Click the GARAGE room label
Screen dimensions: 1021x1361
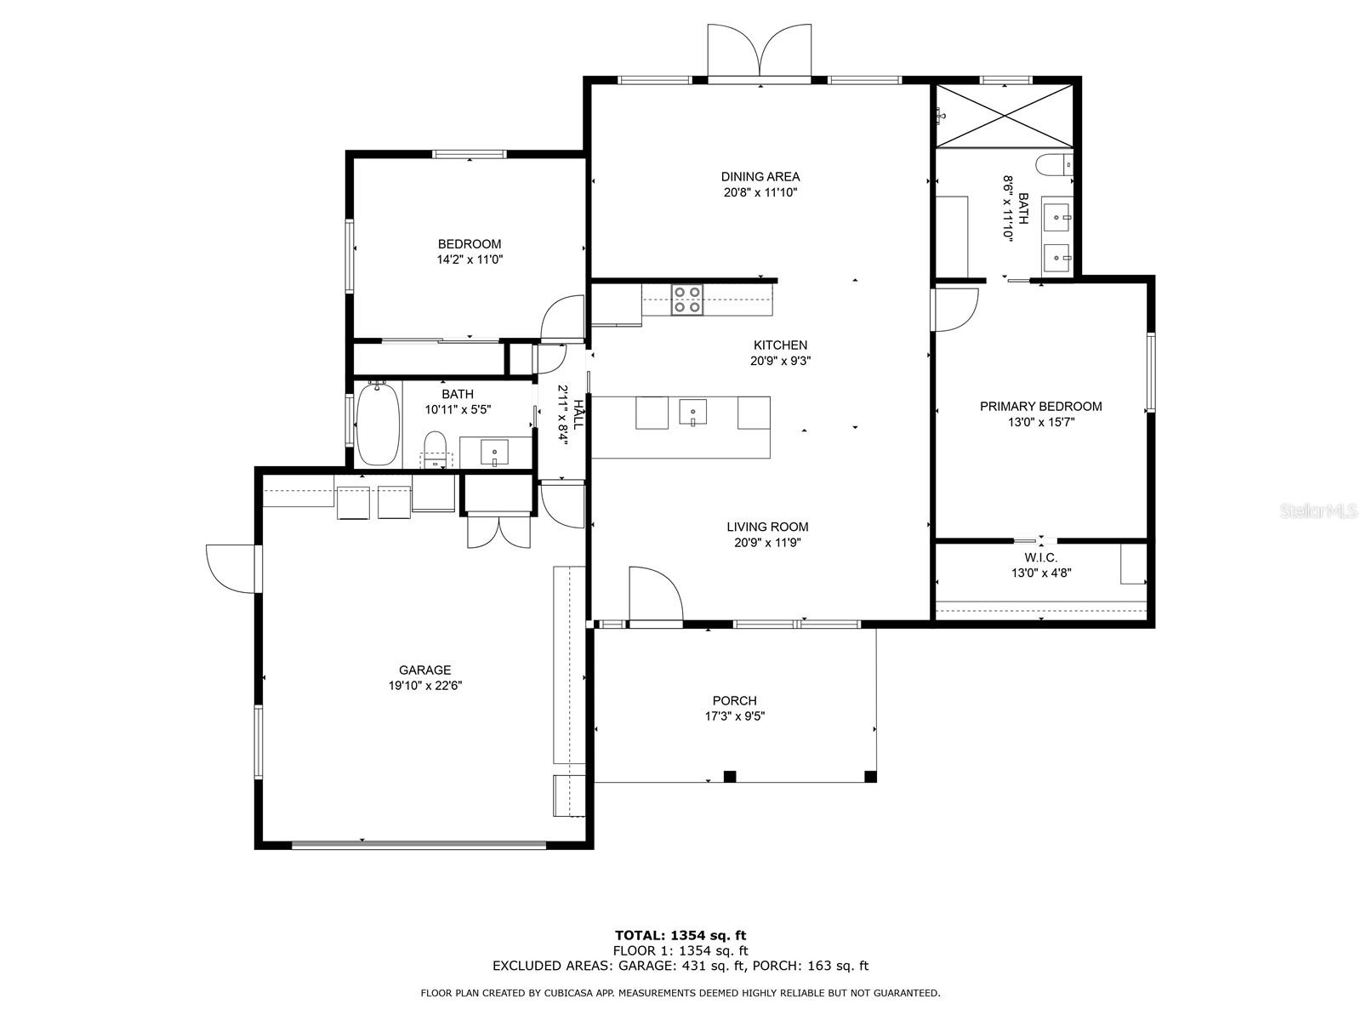[x=424, y=670]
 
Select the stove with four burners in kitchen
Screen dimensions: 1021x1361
[x=687, y=299]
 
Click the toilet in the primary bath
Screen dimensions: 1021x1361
[x=1051, y=163]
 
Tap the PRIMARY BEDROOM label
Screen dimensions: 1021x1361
[x=1040, y=406]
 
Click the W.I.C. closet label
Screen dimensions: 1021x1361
[x=1040, y=557]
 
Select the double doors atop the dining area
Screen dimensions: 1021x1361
[x=760, y=52]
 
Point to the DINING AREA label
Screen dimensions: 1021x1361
[x=760, y=177]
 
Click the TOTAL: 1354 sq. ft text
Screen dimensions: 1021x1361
[x=680, y=935]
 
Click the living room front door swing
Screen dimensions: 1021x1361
[x=654, y=594]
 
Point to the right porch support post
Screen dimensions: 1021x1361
[x=869, y=776]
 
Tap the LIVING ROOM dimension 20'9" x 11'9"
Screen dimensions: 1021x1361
[x=766, y=543]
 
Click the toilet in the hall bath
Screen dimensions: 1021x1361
[x=435, y=448]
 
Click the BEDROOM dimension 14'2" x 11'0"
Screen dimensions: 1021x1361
[x=470, y=260]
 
